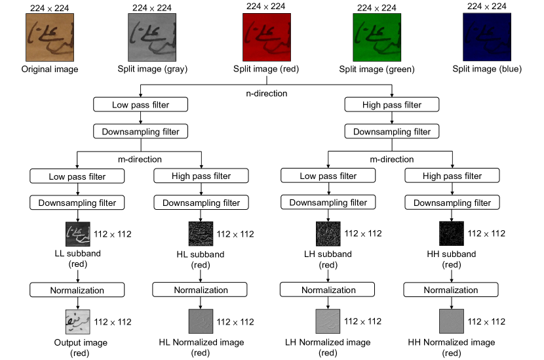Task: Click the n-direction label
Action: pos(267,93)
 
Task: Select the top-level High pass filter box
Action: pos(392,104)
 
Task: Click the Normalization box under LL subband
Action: pos(77,289)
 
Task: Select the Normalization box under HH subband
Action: pos(452,289)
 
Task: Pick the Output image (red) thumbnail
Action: pos(78,321)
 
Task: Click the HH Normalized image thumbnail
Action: pos(452,321)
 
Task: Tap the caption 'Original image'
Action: pos(50,69)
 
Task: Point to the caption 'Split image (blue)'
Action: pos(486,69)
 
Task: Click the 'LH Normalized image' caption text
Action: pos(328,342)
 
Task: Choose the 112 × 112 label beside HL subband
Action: pos(235,234)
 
